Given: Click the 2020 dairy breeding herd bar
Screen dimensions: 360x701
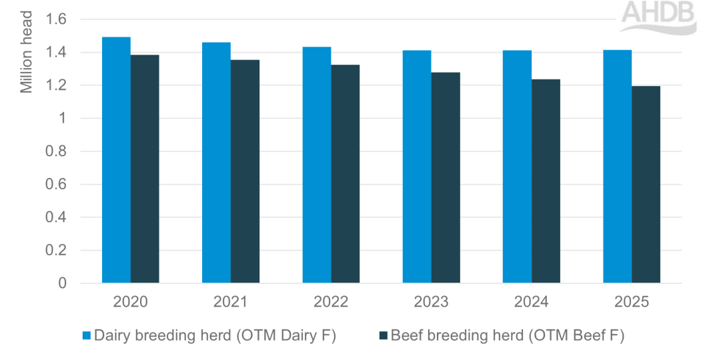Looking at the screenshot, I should tap(116, 160).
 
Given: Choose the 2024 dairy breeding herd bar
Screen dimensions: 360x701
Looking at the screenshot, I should tap(517, 167).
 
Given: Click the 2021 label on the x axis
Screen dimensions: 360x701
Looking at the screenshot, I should tap(231, 301).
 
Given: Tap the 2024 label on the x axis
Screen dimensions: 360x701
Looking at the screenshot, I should tap(531, 301).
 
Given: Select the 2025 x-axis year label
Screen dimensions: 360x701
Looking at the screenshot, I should tap(631, 301).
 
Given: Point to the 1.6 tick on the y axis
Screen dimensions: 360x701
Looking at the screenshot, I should tap(57, 19).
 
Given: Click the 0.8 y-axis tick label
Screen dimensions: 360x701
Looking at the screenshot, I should tap(57, 151).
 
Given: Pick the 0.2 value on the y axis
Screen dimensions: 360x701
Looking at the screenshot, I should tap(57, 251).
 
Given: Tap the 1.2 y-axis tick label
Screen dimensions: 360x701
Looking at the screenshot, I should tap(57, 85).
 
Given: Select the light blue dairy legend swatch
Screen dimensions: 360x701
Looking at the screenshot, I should tap(86, 336).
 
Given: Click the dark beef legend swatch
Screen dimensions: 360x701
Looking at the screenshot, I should tap(382, 336).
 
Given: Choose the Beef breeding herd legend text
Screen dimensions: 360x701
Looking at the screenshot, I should tap(508, 336).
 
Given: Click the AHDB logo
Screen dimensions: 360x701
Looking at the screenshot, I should tap(658, 15).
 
